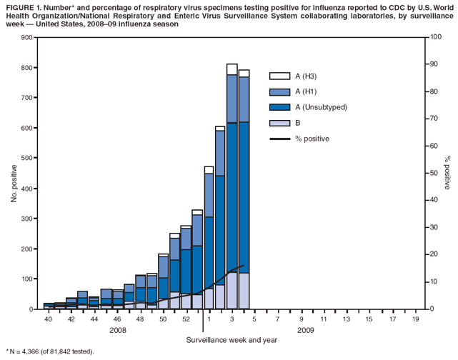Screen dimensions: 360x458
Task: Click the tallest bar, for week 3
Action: pos(232,186)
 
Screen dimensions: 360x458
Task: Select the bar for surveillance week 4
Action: pos(244,189)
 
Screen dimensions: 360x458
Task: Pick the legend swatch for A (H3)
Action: pos(279,76)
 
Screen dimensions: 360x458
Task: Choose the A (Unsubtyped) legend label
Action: pos(321,107)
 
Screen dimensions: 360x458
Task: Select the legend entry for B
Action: pos(297,123)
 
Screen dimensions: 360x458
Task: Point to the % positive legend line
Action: pos(279,139)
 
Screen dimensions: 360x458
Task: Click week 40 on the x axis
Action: pos(48,320)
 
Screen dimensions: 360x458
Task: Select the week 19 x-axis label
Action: pos(415,320)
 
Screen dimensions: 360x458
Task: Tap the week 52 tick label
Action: pos(186,320)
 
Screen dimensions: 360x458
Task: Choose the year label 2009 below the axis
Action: pos(305,331)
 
